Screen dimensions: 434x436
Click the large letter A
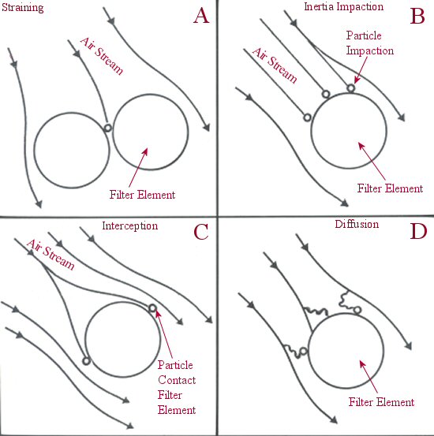click(201, 16)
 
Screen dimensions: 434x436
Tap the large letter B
click(417, 16)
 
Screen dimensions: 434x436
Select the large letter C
click(201, 232)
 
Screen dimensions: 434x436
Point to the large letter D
click(418, 231)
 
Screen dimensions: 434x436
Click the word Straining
click(23, 8)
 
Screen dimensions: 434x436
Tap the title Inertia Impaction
click(344, 6)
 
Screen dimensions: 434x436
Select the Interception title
click(130, 225)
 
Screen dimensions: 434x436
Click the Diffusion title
click(357, 224)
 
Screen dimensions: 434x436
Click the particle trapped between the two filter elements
click(107, 128)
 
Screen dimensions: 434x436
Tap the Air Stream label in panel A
click(102, 57)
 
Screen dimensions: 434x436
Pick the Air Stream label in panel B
click(275, 65)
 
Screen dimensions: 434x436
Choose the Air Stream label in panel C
click(51, 255)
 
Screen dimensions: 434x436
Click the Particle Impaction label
click(370, 43)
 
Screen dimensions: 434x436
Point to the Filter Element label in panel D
click(382, 402)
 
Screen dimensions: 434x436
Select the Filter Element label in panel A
click(142, 195)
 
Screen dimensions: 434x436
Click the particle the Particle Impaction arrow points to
click(351, 88)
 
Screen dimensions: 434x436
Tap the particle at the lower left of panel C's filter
click(86, 361)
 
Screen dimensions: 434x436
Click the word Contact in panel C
click(177, 380)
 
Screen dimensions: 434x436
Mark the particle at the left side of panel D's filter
click(304, 351)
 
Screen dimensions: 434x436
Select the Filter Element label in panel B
click(391, 188)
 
